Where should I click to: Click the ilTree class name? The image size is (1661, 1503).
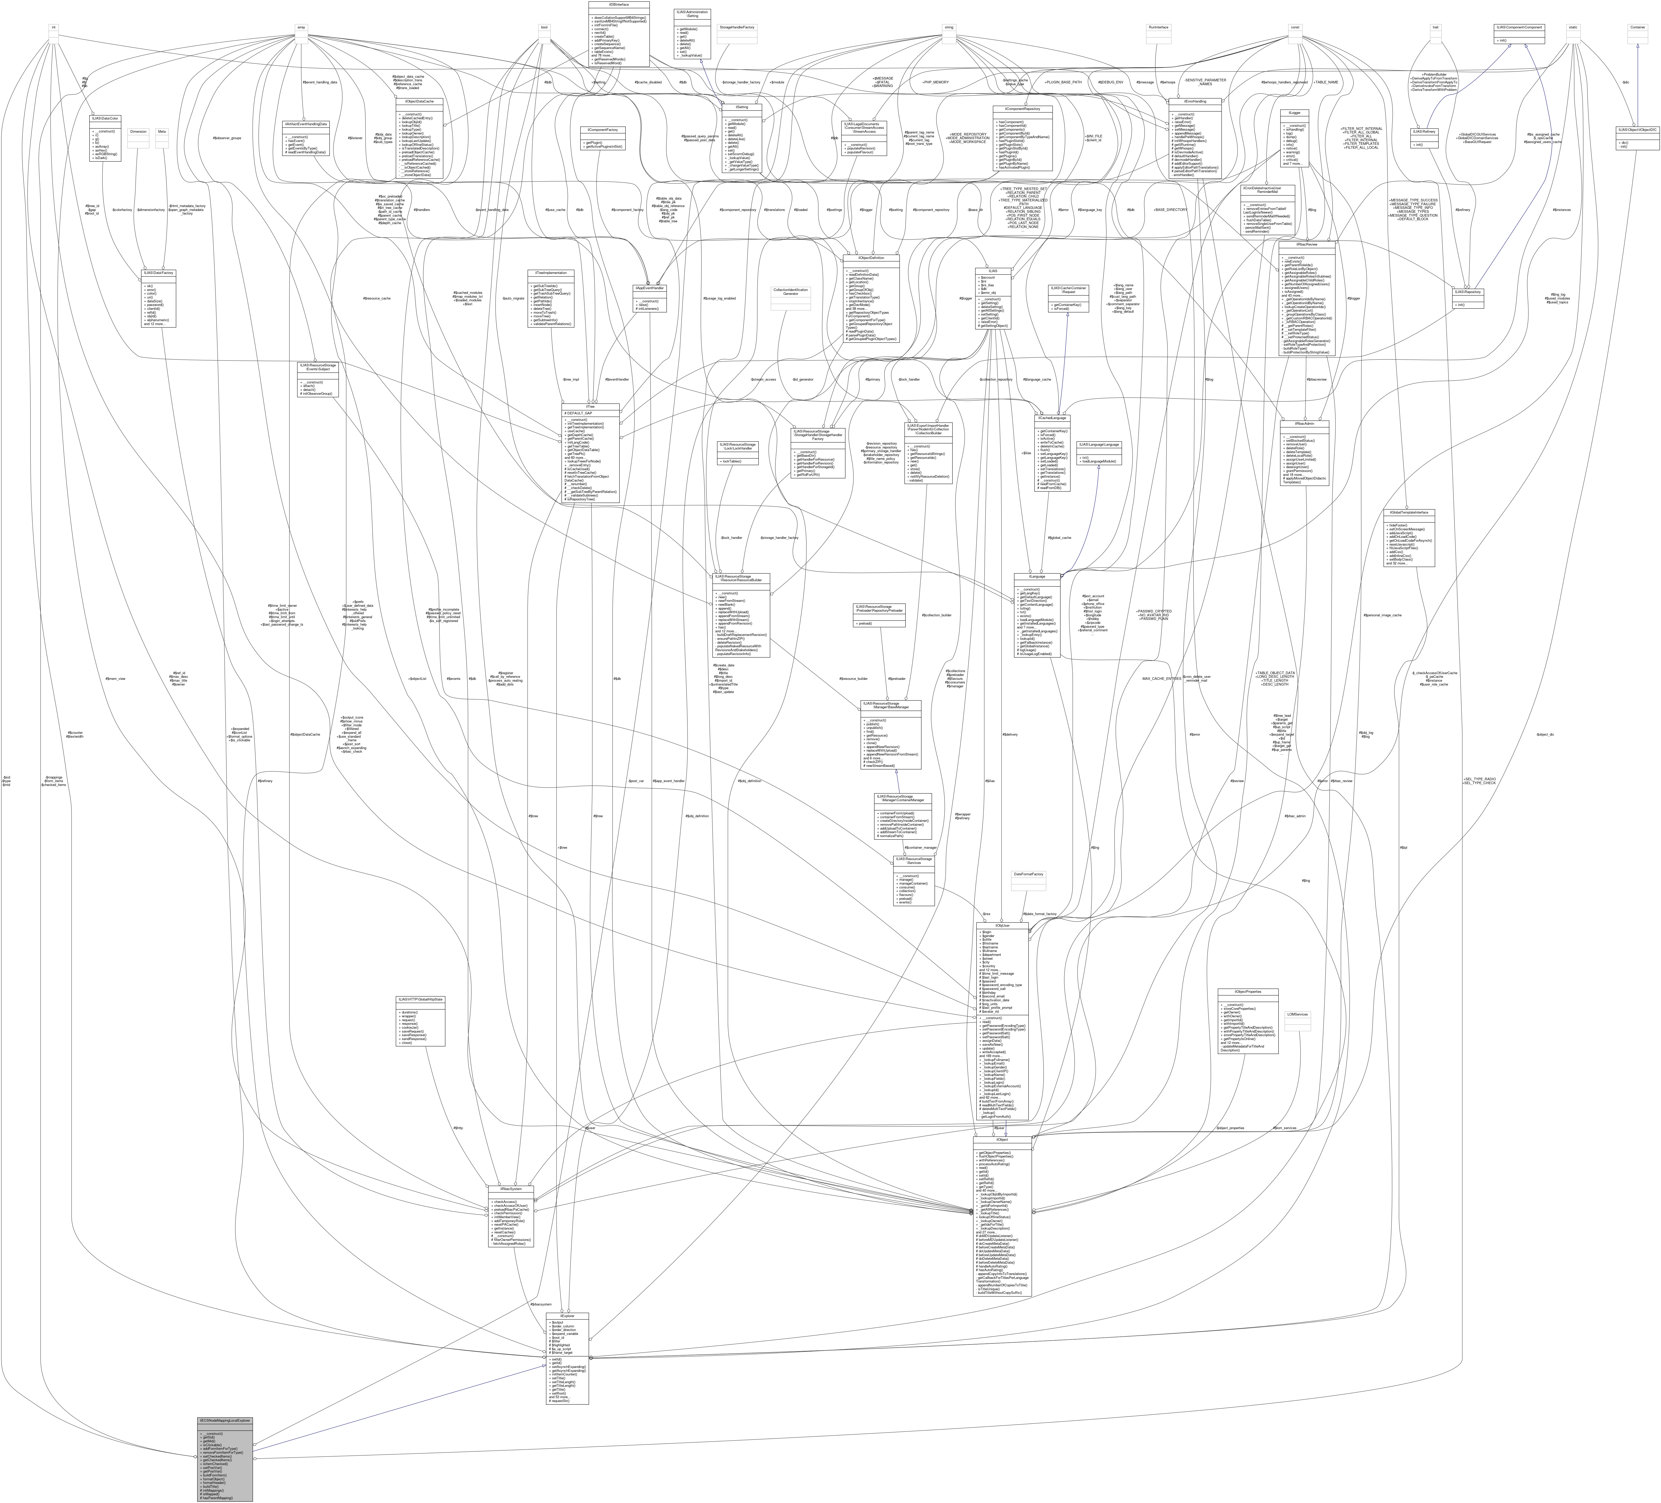click(591, 406)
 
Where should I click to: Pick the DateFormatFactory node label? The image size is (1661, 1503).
click(1027, 874)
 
